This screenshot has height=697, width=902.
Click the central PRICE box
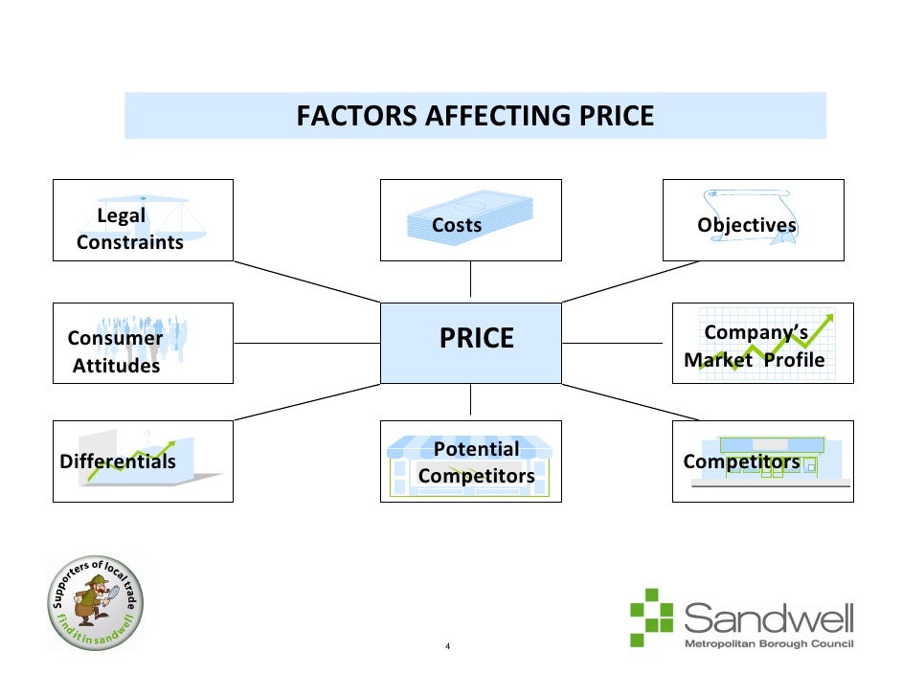(x=470, y=343)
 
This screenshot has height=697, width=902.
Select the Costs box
(x=470, y=220)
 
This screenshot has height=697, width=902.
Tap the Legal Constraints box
(x=143, y=220)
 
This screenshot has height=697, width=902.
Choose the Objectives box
(x=753, y=220)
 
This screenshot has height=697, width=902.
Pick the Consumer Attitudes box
(x=143, y=343)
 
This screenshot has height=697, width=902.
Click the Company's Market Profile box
(x=762, y=343)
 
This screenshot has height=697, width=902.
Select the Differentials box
(x=143, y=461)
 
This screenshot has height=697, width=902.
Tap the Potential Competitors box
(x=470, y=461)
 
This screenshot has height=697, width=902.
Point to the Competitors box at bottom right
(x=762, y=461)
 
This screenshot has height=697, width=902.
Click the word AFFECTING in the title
(x=498, y=117)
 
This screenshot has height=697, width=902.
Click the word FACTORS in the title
(x=355, y=117)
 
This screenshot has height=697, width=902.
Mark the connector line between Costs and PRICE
(x=470, y=281)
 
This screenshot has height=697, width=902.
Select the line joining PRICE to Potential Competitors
(x=470, y=402)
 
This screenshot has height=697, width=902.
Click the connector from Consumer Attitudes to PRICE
(x=306, y=343)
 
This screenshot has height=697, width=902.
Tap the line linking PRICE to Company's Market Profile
(x=617, y=343)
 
